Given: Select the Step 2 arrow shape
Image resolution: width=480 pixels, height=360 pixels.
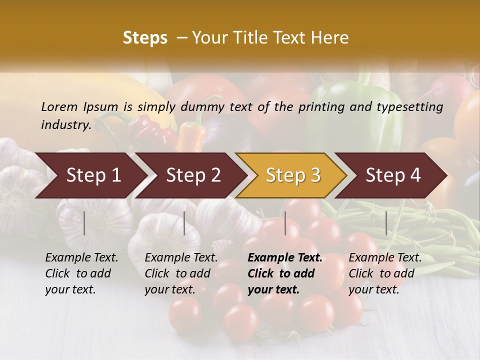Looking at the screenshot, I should point(193,175).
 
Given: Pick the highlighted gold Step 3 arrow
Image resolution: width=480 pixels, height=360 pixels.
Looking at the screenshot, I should point(293,175).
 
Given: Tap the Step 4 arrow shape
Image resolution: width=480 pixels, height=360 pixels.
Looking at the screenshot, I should point(393,175).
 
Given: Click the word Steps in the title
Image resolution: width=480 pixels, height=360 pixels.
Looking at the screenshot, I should point(145,37).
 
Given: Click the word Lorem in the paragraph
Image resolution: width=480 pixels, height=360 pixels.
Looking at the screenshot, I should point(59,106).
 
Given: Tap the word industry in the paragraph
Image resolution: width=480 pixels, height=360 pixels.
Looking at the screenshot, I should point(65,125).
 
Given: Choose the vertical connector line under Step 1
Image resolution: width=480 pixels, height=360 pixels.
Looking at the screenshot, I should point(84,223).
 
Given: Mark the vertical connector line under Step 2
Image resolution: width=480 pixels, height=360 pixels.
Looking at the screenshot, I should point(184,223).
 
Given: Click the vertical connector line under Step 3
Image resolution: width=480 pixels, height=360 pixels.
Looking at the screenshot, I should point(285,223).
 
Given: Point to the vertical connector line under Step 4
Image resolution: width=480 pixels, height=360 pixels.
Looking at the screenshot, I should point(386,223).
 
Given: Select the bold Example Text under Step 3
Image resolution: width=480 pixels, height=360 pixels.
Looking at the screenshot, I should point(285,258).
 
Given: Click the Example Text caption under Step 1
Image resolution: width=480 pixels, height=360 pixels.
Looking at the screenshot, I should point(81,258).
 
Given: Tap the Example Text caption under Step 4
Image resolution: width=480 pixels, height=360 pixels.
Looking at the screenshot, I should point(385,258).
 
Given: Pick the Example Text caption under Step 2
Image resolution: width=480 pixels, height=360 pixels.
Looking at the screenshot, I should point(181,258).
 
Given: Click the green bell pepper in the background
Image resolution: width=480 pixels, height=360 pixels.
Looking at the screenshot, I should point(352,115).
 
